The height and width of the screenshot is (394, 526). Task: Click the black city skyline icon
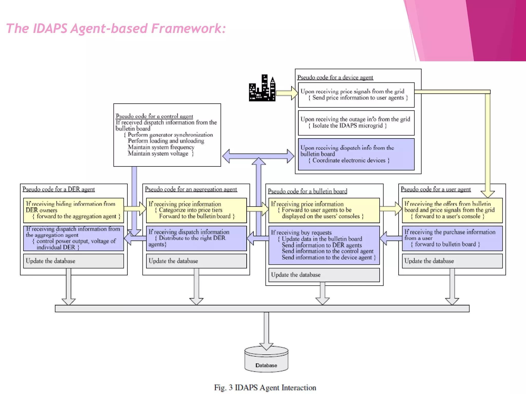tap(262, 88)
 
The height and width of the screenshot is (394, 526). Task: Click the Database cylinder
tap(266, 360)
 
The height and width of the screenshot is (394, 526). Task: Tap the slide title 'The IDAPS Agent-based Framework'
tap(116, 28)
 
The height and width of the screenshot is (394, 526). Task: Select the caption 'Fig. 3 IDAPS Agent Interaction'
tap(265, 387)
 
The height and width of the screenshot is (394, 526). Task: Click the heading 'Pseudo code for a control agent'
tap(154, 116)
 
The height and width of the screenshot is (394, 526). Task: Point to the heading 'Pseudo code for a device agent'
tap(335, 77)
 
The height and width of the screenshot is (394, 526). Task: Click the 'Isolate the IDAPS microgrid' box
tap(356, 123)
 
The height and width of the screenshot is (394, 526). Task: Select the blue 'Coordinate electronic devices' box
tap(356, 154)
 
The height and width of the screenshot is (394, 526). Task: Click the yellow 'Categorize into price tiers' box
tap(196, 210)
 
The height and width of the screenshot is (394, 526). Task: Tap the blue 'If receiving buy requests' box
tap(324, 245)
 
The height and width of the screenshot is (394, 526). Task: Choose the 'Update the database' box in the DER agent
tap(73, 261)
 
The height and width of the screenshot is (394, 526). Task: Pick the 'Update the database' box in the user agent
tap(452, 261)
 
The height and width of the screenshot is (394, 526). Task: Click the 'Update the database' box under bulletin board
tap(324, 275)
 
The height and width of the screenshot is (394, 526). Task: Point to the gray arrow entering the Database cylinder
tap(266, 331)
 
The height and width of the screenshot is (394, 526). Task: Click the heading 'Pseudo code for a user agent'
tap(436, 189)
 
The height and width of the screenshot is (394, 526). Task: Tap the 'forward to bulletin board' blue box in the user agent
tap(452, 238)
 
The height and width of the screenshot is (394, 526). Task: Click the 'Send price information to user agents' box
tap(356, 95)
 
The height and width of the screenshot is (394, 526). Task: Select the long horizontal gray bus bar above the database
tap(262, 308)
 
